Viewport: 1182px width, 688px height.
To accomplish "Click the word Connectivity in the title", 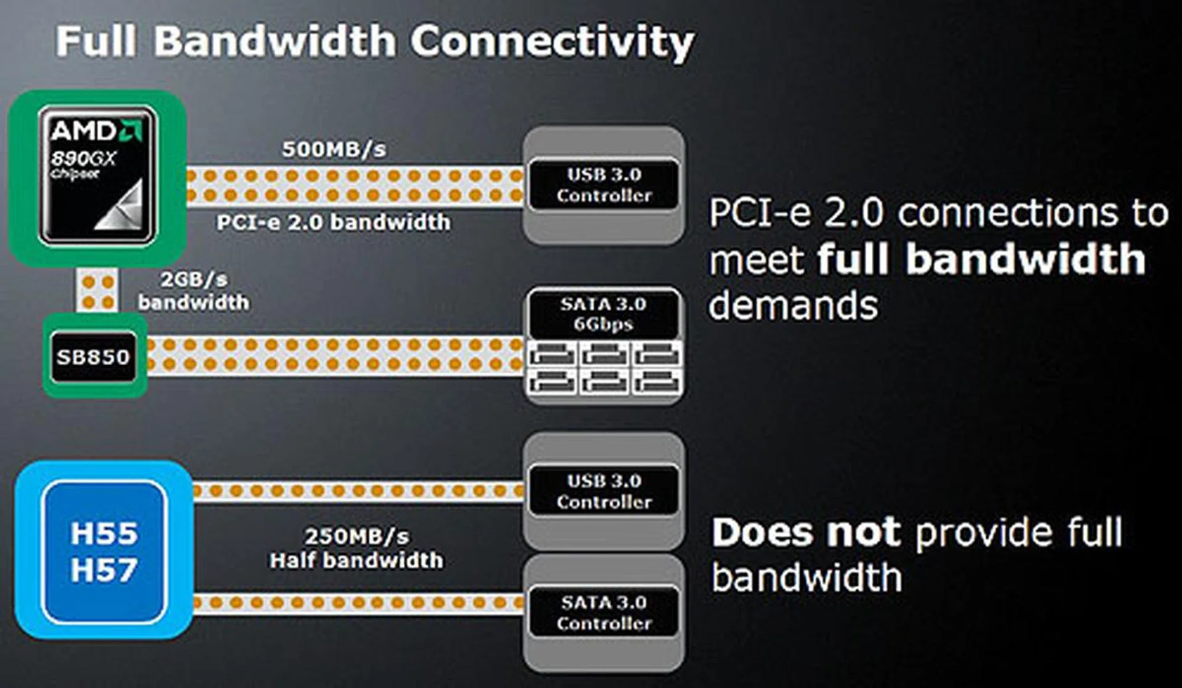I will (552, 42).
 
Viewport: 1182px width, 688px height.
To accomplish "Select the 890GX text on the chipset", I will (82, 159).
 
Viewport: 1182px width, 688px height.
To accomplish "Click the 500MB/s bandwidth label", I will (334, 149).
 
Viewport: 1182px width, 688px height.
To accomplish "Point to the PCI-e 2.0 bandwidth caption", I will (333, 222).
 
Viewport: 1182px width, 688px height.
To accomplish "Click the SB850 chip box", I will (94, 357).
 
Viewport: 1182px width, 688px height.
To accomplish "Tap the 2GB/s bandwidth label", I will (193, 291).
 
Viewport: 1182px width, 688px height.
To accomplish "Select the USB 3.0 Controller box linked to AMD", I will (603, 185).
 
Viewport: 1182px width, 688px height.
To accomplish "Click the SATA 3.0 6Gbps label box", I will (603, 314).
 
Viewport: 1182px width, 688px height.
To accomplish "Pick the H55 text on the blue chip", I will (103, 533).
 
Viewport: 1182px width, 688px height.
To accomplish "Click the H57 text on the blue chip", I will (103, 570).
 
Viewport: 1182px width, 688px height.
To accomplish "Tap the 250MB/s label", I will (356, 536).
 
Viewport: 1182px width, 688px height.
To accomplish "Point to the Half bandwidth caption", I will (356, 561).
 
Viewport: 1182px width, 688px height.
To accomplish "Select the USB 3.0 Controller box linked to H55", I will (603, 491).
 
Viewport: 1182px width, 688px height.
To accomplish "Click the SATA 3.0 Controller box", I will (603, 612).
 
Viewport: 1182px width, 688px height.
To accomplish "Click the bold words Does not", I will (806, 532).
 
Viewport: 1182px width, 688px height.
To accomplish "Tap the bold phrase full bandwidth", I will (981, 259).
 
